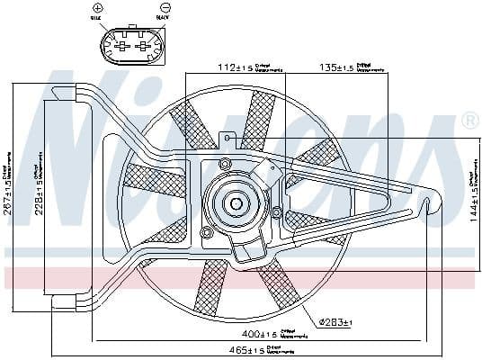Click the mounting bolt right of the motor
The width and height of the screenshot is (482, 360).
click(x=277, y=212)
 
